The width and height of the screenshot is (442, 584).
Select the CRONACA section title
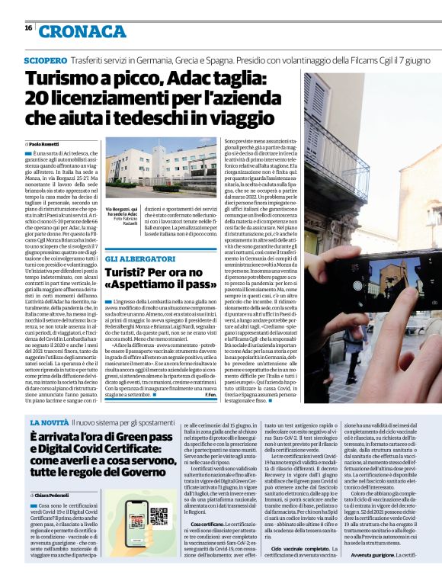(72, 31)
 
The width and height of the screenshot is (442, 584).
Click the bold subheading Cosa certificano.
(207, 525)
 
